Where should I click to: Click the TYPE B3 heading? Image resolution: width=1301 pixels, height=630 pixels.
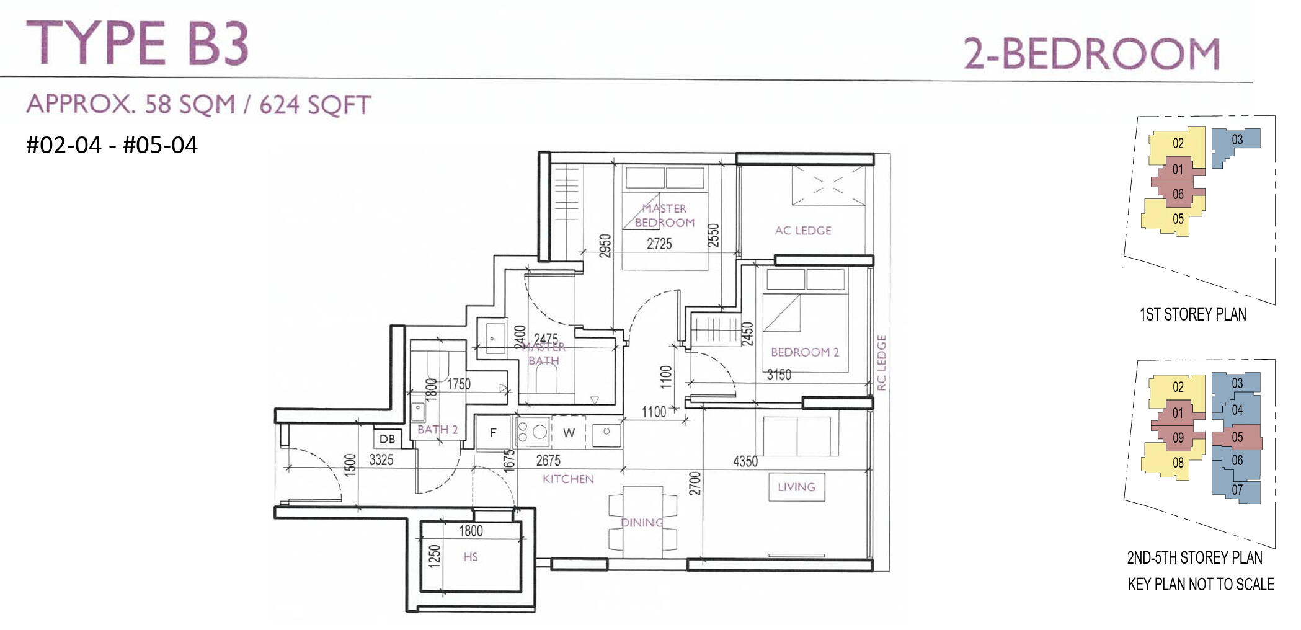click(x=138, y=43)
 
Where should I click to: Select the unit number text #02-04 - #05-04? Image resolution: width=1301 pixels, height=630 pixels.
click(x=112, y=145)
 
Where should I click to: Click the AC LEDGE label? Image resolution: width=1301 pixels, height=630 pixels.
click(x=803, y=231)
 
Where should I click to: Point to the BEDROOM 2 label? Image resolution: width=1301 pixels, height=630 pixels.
click(x=804, y=352)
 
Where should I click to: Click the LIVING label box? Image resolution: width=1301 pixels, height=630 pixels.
click(x=796, y=487)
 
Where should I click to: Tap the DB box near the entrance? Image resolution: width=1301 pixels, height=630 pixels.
click(x=387, y=439)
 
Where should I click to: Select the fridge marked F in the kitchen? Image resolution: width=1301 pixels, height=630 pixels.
click(x=493, y=433)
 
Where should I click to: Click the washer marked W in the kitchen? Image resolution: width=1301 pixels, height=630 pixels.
click(x=569, y=433)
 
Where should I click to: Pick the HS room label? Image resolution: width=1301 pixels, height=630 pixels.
click(x=471, y=557)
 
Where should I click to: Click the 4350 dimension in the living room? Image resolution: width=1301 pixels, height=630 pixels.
click(x=745, y=461)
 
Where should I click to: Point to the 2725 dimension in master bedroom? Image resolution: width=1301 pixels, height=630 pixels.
click(x=659, y=244)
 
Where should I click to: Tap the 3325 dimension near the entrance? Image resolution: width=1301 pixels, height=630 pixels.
click(x=381, y=460)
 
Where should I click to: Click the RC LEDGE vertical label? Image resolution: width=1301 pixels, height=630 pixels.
click(x=882, y=363)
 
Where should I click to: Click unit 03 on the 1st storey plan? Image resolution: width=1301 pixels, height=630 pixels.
click(x=1237, y=140)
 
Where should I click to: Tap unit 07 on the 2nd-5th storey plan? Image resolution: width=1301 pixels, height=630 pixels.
click(x=1237, y=490)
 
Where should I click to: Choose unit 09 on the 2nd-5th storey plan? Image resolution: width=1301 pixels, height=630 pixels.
click(x=1178, y=438)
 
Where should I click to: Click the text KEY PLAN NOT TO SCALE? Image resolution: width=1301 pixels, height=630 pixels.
click(x=1201, y=584)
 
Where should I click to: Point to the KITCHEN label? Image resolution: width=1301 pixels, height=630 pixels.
click(x=568, y=479)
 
